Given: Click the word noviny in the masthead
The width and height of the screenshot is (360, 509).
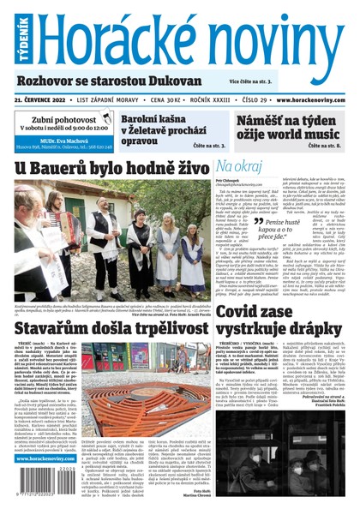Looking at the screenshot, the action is pos(274,39).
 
